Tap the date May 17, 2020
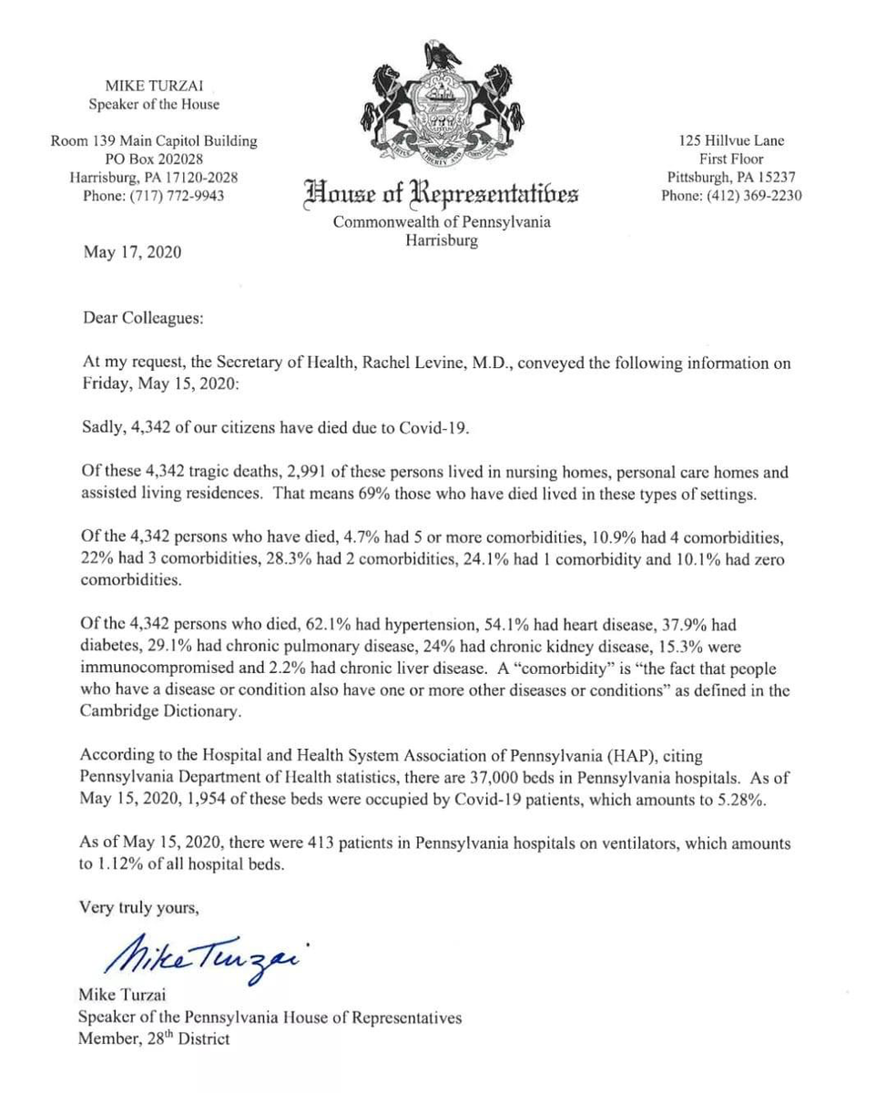pyautogui.click(x=132, y=252)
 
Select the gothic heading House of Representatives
pyautogui.click(x=442, y=194)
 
